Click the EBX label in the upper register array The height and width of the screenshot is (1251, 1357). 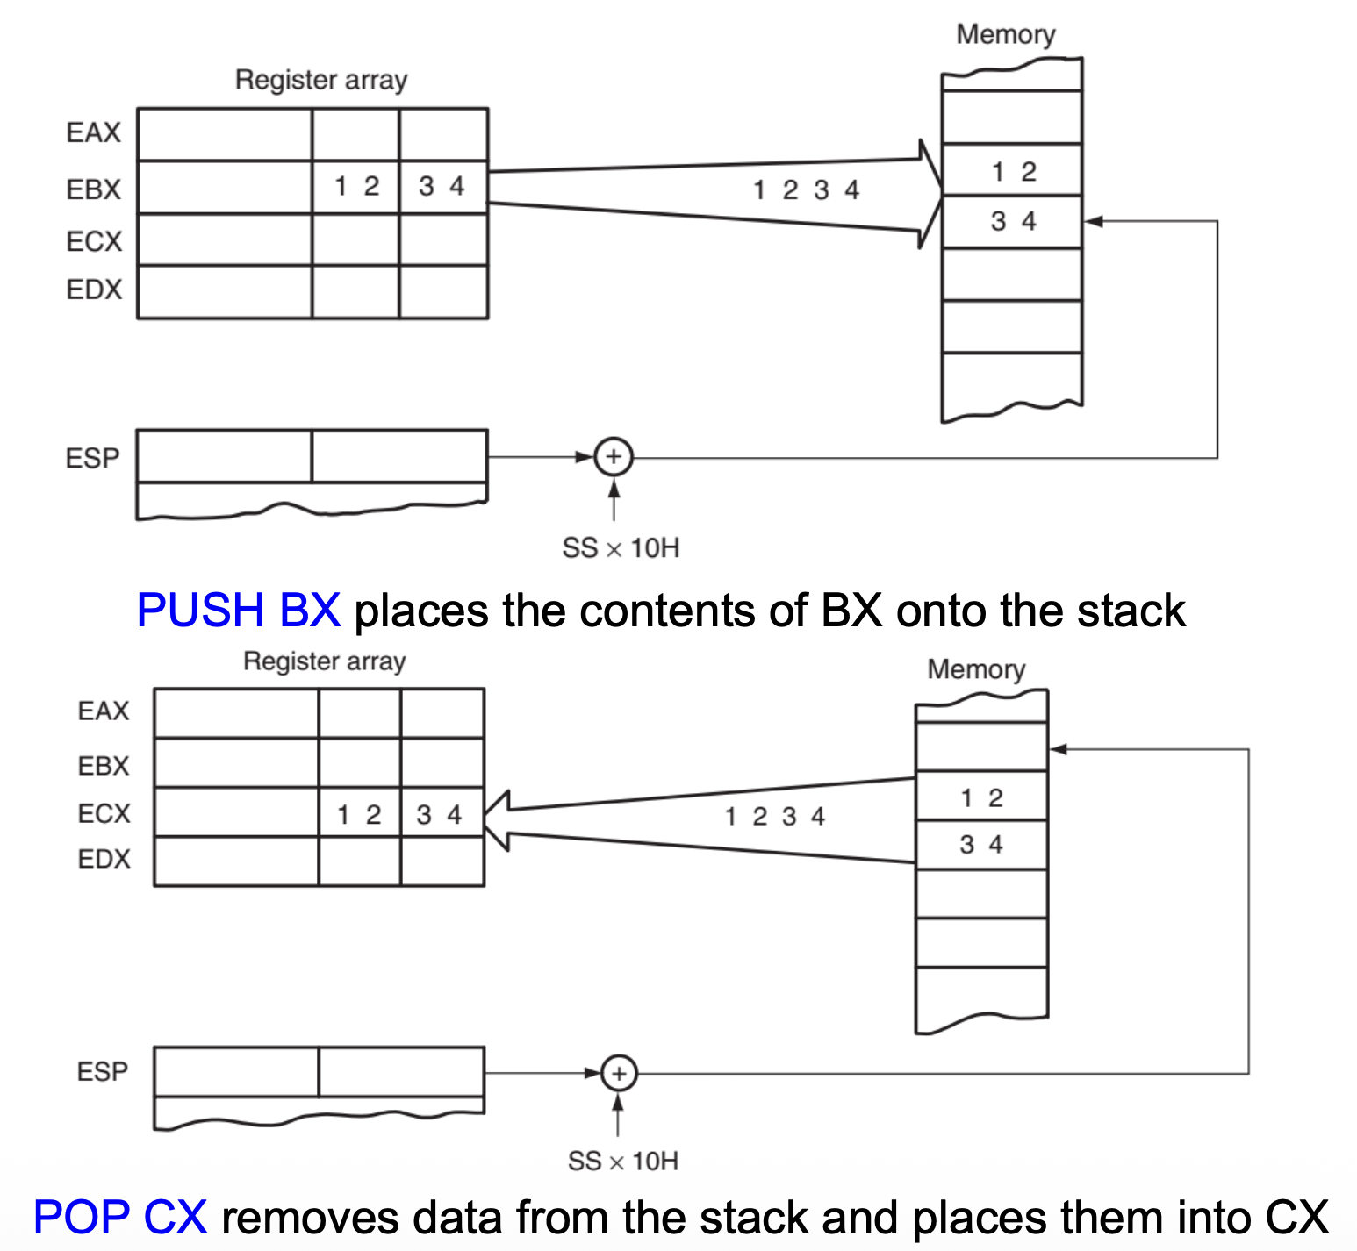93,189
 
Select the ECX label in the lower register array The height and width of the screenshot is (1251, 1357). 104,813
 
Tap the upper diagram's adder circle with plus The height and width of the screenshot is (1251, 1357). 614,457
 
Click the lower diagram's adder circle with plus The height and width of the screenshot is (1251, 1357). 619,1073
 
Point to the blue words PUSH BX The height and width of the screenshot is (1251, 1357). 238,610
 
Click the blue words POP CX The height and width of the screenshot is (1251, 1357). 120,1217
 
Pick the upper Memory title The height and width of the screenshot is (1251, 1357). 1005,34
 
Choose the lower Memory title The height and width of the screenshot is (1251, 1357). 976,669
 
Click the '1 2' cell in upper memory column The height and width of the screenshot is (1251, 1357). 1013,170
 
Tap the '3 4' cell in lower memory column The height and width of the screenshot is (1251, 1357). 981,845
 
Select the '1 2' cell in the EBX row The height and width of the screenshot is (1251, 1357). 356,186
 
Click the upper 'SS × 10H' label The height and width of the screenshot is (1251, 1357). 621,548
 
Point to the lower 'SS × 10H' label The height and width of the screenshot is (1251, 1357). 622,1162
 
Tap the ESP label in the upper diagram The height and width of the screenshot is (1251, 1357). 92,458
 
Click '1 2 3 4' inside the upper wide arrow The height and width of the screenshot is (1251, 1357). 806,189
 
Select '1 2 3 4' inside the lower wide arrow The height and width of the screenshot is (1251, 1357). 774,816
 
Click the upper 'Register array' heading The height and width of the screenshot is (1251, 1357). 321,80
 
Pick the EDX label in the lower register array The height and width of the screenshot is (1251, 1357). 104,859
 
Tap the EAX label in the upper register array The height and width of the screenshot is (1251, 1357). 93,132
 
